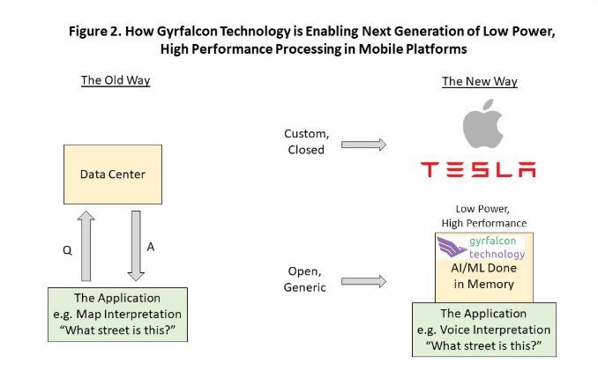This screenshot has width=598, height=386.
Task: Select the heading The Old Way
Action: click(x=116, y=81)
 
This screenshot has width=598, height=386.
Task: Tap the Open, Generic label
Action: click(x=306, y=278)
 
